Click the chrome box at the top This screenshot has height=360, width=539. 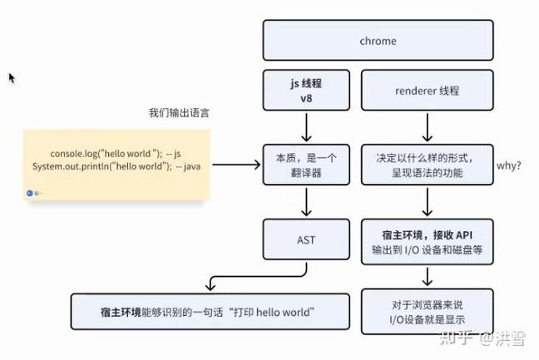pyautogui.click(x=378, y=40)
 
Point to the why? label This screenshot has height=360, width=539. pyautogui.click(x=508, y=165)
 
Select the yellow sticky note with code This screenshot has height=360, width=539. pyautogui.click(x=116, y=165)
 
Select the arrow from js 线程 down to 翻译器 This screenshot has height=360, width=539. pyautogui.click(x=305, y=126)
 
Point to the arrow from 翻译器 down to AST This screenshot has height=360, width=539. pyautogui.click(x=305, y=202)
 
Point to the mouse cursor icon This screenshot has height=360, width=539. pyautogui.click(x=12, y=77)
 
